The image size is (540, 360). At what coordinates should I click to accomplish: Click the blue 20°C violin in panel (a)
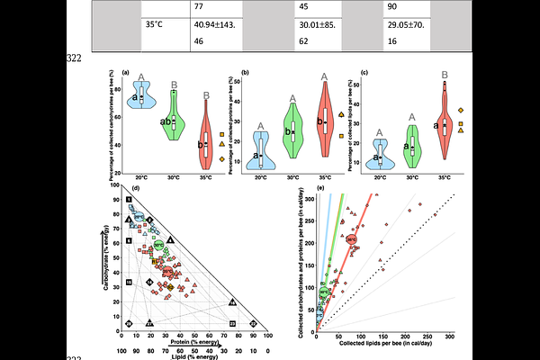tap(140, 94)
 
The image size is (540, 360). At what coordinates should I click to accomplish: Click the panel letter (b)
tap(246, 71)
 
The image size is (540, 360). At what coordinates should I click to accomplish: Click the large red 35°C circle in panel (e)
tap(352, 241)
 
